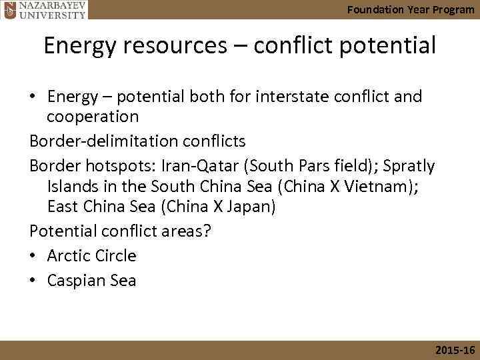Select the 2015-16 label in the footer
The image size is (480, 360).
(453, 351)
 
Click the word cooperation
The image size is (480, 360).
(93, 117)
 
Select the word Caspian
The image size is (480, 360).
(75, 281)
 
